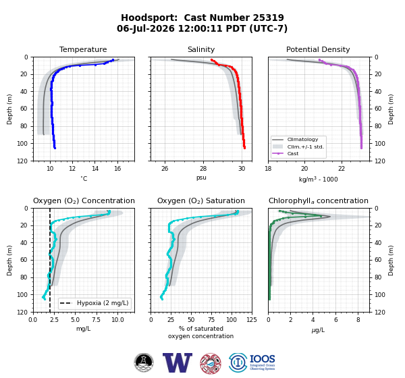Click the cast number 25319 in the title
pyautogui.click(x=268, y=18)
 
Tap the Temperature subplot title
pyautogui.click(x=83, y=49)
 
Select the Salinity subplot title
pyautogui.click(x=201, y=49)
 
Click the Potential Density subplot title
pyautogui.click(x=318, y=49)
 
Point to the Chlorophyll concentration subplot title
pyautogui.click(x=318, y=200)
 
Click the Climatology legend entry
pyautogui.click(x=302, y=139)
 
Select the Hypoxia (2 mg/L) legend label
pyautogui.click(x=103, y=303)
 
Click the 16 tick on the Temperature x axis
pyautogui.click(x=117, y=169)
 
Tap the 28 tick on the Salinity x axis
pyautogui.click(x=203, y=169)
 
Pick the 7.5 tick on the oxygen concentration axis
pyautogui.click(x=96, y=319)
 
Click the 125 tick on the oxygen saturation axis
pyautogui.click(x=252, y=319)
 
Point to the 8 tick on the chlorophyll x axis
pyautogui.click(x=358, y=319)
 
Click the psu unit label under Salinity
pyautogui.click(x=201, y=178)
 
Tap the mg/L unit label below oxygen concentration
pyautogui.click(x=83, y=329)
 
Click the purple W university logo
pyautogui.click(x=177, y=362)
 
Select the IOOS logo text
pyautogui.click(x=262, y=359)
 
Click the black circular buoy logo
pyautogui.click(x=144, y=362)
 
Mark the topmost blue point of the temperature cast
pyautogui.click(x=113, y=60)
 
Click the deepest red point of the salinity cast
pyautogui.click(x=244, y=148)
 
